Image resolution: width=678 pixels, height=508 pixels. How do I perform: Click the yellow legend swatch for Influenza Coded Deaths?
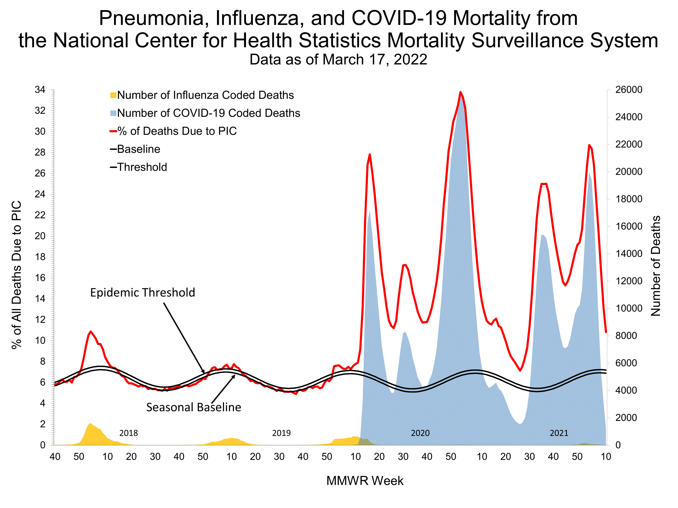(113, 95)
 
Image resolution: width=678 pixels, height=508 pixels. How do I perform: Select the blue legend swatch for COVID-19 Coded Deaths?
(113, 113)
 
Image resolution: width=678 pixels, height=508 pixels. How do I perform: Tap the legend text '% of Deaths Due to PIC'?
(177, 131)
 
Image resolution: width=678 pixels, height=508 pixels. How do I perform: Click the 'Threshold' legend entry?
(142, 167)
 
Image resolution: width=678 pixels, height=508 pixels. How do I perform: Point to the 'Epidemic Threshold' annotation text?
(142, 293)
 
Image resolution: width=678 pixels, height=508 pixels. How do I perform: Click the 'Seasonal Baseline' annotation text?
(194, 407)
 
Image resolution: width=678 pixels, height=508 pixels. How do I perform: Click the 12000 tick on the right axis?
(629, 281)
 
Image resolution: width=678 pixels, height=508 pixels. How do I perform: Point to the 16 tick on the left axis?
(40, 278)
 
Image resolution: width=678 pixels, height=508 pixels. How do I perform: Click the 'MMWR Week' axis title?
(365, 481)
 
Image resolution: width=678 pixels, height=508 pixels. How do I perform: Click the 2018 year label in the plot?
(129, 433)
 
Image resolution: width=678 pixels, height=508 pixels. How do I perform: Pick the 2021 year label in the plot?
(559, 433)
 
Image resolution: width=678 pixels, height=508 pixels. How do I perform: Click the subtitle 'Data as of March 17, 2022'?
(338, 60)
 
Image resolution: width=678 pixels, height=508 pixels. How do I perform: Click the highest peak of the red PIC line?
(460, 92)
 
